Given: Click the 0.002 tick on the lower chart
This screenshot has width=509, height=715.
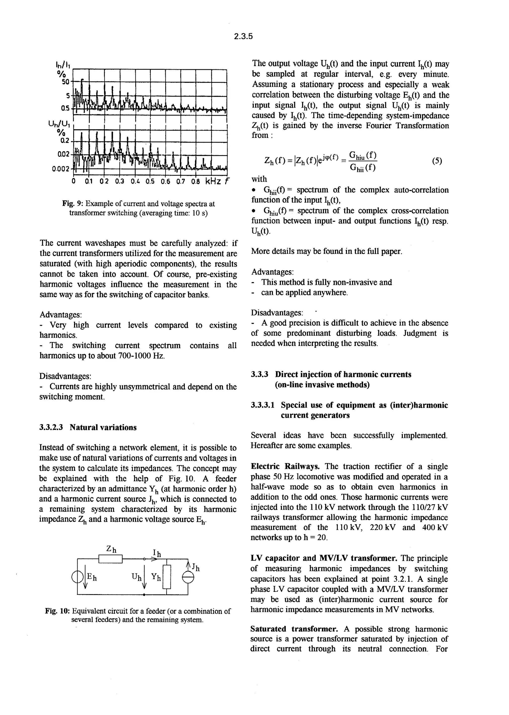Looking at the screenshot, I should tap(60, 169).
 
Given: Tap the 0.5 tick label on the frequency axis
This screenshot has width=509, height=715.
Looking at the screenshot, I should tap(150, 181).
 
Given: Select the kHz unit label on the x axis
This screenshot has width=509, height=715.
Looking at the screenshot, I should tap(213, 181).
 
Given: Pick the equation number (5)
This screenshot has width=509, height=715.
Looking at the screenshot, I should tap(437, 161).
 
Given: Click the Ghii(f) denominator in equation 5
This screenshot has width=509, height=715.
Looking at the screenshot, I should tap(363, 168).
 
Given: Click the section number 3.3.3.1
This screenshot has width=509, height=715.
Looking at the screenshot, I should tap(263, 405).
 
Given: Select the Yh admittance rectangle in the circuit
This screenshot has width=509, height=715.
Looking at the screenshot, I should tap(167, 577).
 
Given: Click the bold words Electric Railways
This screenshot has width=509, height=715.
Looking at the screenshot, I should tap(285, 466).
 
